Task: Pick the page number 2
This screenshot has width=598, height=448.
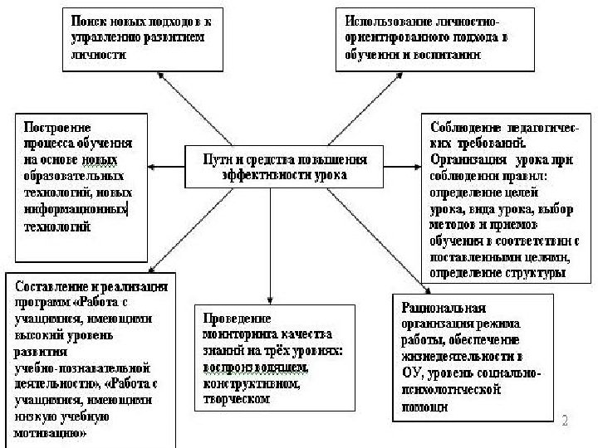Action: coord(566,421)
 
